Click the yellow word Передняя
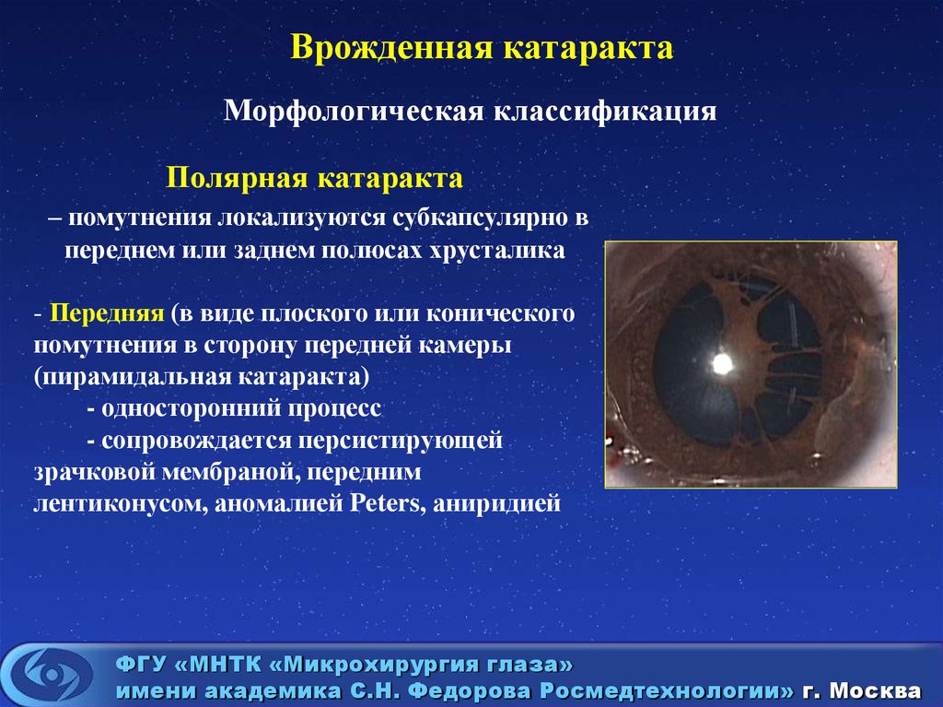coord(107,313)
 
